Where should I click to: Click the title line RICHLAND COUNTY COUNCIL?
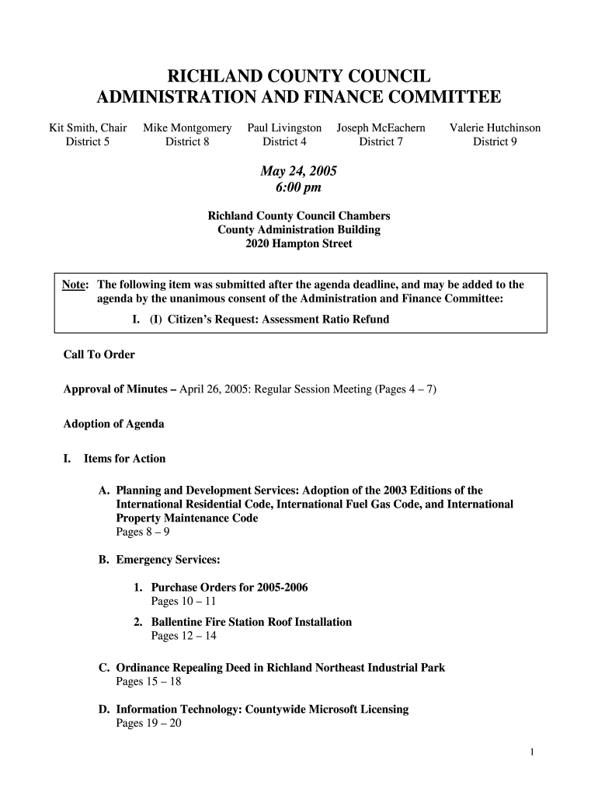tap(299, 76)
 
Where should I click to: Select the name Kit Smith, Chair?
tap(87, 127)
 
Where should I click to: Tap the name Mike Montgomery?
tap(187, 127)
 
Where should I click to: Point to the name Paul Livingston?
tap(284, 127)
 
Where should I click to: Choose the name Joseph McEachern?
tap(381, 127)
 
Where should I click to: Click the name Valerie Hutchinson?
tap(495, 127)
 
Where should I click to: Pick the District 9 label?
tap(495, 141)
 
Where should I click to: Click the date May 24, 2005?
tap(298, 171)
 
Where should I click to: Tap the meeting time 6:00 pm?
tap(298, 187)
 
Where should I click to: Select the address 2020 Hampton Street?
tap(299, 243)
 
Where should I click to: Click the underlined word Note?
tap(74, 285)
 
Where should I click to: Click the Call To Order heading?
tap(99, 354)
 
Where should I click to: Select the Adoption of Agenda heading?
tap(113, 424)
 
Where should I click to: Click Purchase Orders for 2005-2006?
tap(229, 587)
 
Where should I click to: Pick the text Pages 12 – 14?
tap(183, 636)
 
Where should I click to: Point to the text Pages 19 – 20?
tap(148, 724)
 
